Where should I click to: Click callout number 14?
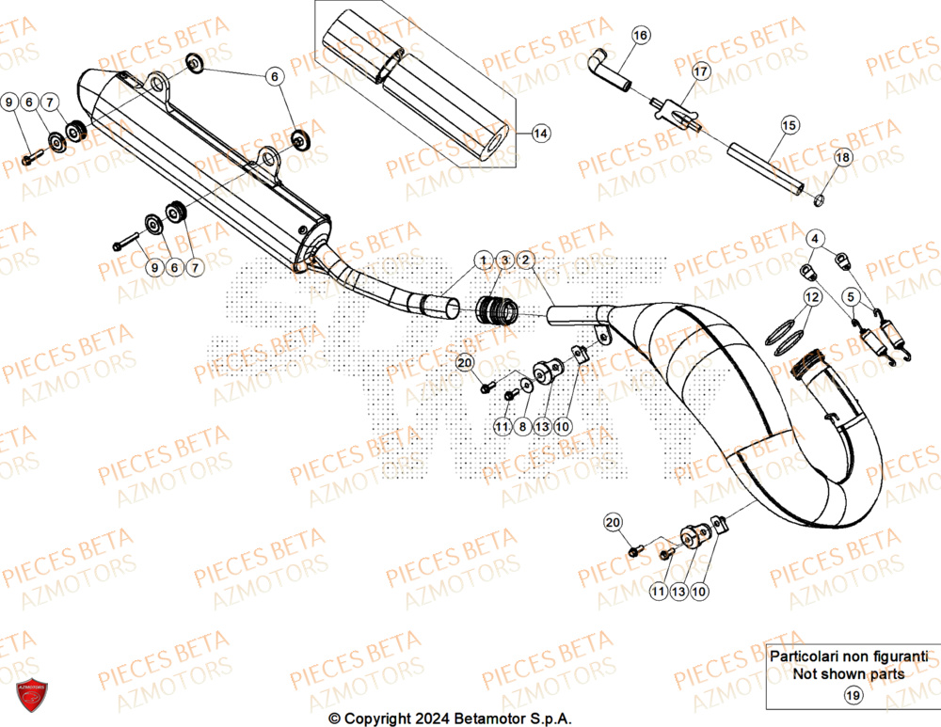pyautogui.click(x=540, y=134)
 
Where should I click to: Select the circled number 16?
pyautogui.click(x=640, y=36)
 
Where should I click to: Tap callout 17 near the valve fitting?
pyautogui.click(x=700, y=71)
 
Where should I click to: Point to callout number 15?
pyautogui.click(x=789, y=124)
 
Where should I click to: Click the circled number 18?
pyautogui.click(x=841, y=158)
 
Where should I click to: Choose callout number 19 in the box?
pyautogui.click(x=853, y=696)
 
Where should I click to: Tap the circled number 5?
pyautogui.click(x=850, y=297)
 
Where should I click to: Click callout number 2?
pyautogui.click(x=525, y=260)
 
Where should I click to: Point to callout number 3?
pyautogui.click(x=503, y=260)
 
